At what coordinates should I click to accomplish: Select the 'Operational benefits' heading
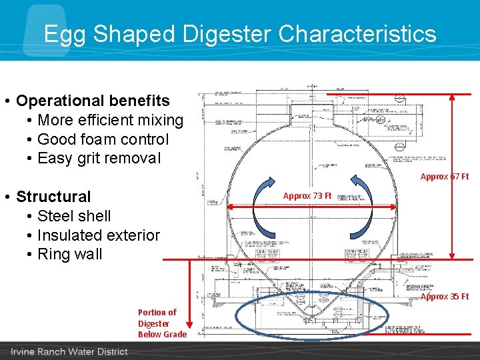click(93, 101)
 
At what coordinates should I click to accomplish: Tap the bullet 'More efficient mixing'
click(110, 120)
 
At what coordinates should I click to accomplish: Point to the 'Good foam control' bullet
click(103, 139)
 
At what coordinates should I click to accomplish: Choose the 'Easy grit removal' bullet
click(99, 159)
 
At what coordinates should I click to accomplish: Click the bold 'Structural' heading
click(53, 197)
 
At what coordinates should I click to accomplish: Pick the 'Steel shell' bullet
click(74, 216)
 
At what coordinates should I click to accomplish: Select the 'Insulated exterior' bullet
click(99, 235)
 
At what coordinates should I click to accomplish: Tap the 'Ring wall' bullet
click(70, 254)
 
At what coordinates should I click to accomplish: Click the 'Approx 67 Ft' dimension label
click(444, 177)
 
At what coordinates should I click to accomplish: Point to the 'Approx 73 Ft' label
click(307, 196)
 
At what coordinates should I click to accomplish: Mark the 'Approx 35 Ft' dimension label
click(445, 297)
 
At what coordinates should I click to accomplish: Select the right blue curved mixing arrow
click(359, 207)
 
